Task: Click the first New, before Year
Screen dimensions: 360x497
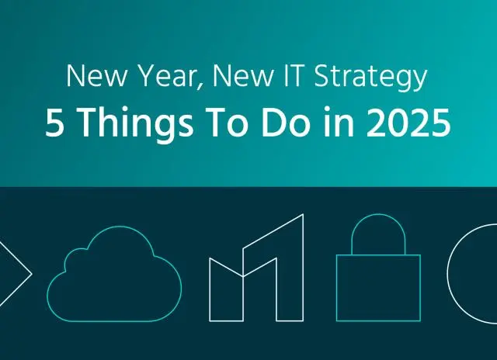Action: click(89, 78)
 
